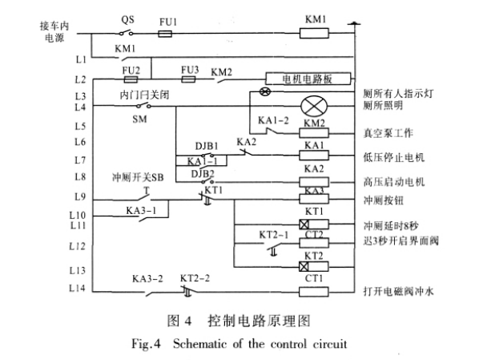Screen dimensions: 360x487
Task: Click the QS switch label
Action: [127, 18]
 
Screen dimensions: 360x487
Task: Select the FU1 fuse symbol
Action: [166, 34]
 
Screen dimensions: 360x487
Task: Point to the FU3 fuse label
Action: [190, 70]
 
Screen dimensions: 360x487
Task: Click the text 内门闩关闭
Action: [140, 94]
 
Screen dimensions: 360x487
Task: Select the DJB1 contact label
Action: [206, 146]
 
